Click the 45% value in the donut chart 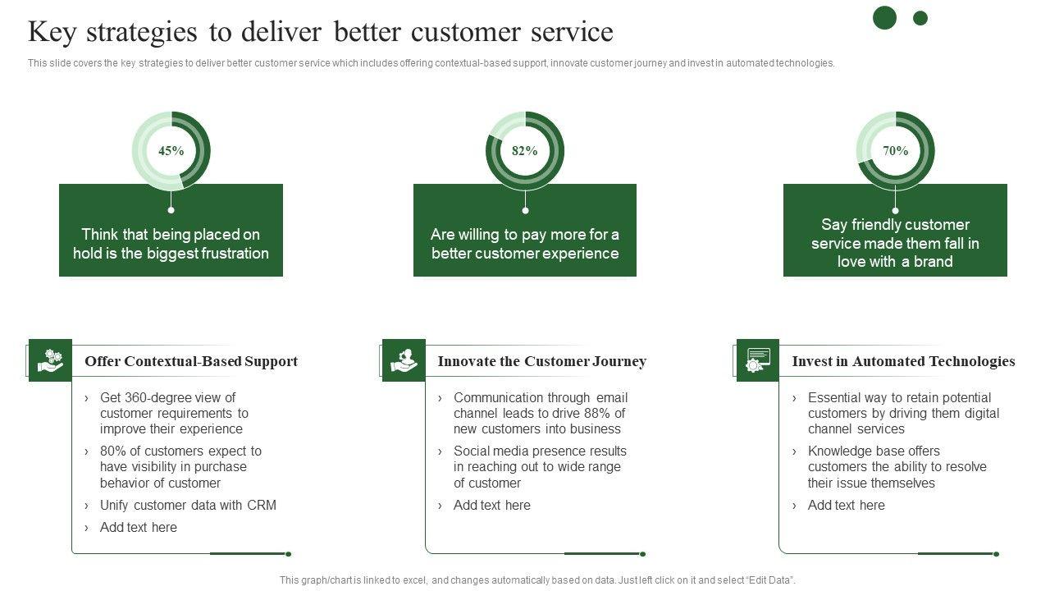coord(171,151)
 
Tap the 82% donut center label coord(525,151)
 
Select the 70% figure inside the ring coord(895,151)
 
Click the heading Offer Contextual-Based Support coord(191,361)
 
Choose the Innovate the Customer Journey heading coord(541,361)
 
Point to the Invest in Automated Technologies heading coord(903,361)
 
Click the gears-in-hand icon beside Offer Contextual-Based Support coord(50,360)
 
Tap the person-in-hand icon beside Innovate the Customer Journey coord(404,360)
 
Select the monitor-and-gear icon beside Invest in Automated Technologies coord(758,360)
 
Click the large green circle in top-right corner coord(884,17)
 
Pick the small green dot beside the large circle coord(920,18)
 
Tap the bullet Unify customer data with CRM coord(188,505)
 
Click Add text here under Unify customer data coord(138,527)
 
